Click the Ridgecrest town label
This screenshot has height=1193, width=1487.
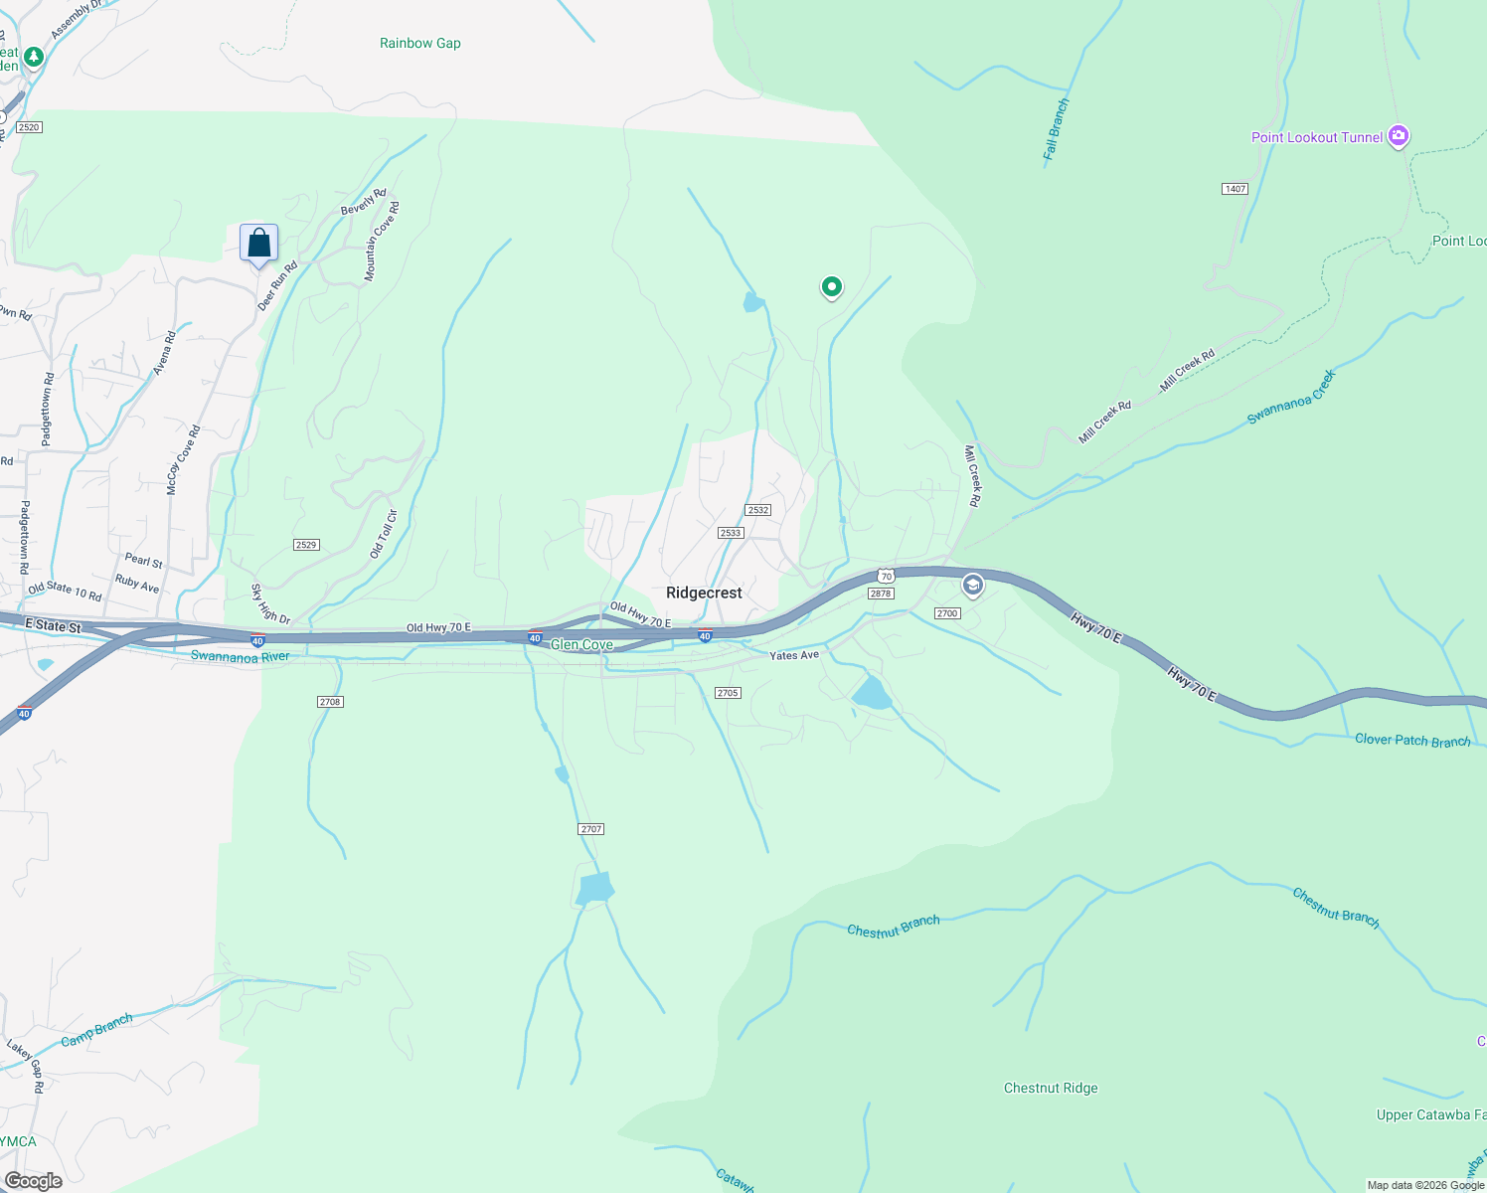click(x=704, y=593)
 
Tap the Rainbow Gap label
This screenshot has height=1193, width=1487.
click(x=419, y=43)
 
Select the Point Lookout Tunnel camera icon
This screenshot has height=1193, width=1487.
click(x=1399, y=135)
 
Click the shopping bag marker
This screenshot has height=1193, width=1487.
click(x=258, y=243)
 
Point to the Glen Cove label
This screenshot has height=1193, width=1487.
click(x=581, y=645)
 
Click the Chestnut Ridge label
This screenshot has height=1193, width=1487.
click(x=1051, y=1088)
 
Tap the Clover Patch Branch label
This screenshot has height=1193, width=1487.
click(x=1411, y=740)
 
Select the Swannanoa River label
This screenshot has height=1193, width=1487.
click(x=240, y=656)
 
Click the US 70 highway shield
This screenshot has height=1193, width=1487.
click(x=886, y=577)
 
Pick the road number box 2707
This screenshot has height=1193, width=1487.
click(x=590, y=829)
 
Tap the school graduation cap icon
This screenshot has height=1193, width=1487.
click(x=972, y=586)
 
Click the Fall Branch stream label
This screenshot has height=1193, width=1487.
click(x=1056, y=129)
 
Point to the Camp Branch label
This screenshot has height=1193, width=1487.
click(x=96, y=1031)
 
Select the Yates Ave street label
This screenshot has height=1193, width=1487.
click(x=794, y=655)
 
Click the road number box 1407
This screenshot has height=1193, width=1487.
click(x=1235, y=189)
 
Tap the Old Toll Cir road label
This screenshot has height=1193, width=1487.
click(x=384, y=534)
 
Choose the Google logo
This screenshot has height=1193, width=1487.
click(x=33, y=1180)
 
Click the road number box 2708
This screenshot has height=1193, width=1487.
click(x=330, y=702)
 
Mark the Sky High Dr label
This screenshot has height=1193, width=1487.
click(x=269, y=603)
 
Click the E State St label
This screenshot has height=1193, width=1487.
click(x=53, y=626)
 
